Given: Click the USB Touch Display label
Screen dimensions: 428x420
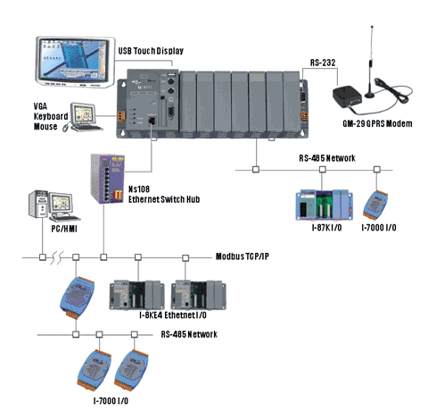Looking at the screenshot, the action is (151, 51).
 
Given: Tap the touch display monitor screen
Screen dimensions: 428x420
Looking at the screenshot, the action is (74, 61).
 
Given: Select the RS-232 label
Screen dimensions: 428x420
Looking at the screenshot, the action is (323, 63).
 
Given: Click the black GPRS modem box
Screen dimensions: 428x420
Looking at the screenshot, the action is (347, 97).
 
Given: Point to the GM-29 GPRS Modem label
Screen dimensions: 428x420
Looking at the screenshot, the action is (377, 123).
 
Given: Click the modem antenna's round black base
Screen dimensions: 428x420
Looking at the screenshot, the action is (370, 95).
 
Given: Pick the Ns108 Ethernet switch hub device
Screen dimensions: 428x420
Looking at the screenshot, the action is (107, 179).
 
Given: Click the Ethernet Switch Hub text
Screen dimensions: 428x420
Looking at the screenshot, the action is (164, 199).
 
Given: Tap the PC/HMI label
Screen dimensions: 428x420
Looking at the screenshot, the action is (64, 229).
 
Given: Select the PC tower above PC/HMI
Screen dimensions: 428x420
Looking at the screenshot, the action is (38, 204).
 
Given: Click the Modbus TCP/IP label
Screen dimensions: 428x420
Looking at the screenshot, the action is (243, 256).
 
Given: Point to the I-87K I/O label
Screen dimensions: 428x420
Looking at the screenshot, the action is (326, 228).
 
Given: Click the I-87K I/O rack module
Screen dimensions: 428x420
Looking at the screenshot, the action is (325, 205).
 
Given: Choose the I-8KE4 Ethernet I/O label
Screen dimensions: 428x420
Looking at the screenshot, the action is (173, 315).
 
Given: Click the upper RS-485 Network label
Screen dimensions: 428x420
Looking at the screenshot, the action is (327, 158).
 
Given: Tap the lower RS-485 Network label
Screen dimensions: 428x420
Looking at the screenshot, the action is (189, 334).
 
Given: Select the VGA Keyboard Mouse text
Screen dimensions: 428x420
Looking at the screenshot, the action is (51, 116).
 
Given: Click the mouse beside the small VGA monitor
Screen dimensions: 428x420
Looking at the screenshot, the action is (66, 128).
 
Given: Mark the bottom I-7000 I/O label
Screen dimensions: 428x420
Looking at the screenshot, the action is (111, 401).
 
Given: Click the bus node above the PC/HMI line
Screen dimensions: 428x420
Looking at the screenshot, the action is (43, 257).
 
